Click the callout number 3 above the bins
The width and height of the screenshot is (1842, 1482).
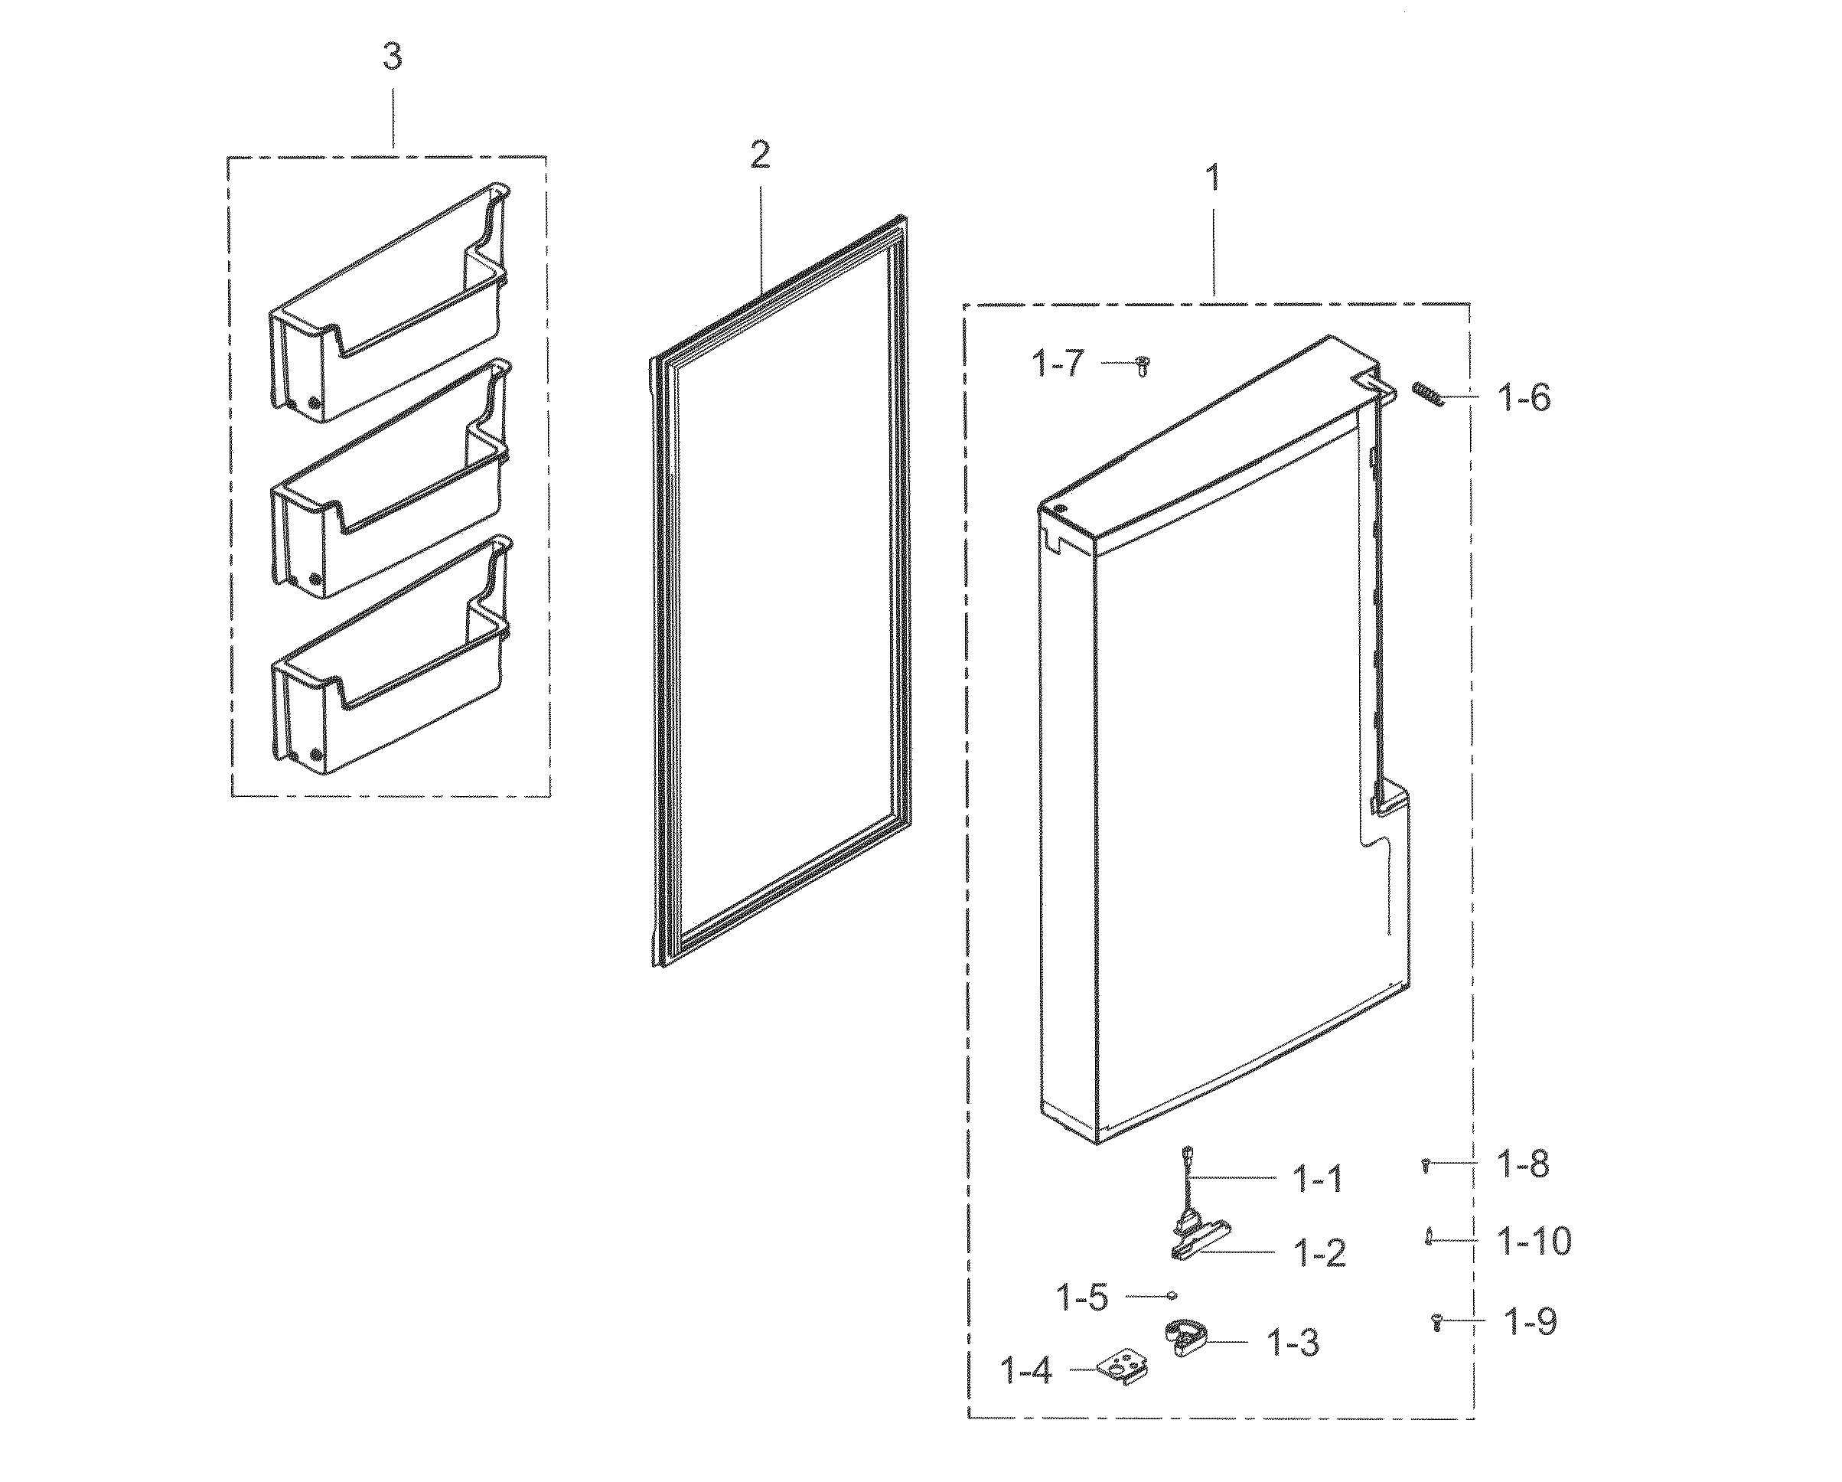tap(391, 57)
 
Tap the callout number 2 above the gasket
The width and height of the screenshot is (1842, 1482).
tap(759, 155)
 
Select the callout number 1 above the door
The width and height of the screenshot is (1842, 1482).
tap(1211, 178)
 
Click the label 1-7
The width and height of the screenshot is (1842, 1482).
tap(1058, 364)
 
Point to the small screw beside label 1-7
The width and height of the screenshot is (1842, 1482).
tap(1143, 366)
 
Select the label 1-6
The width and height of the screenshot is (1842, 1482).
tap(1525, 398)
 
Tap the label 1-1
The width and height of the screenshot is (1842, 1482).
tap(1319, 1180)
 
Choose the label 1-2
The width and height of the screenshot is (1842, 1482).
tap(1321, 1254)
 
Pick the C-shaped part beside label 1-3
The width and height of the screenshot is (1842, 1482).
tap(1184, 1338)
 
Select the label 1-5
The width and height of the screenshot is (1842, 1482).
tap(1083, 1298)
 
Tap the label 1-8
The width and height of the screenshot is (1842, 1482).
tap(1524, 1164)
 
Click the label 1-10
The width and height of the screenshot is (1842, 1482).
tap(1534, 1241)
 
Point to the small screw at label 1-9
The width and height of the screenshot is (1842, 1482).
tap(1437, 1322)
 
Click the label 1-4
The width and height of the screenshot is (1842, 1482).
tap(1025, 1372)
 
